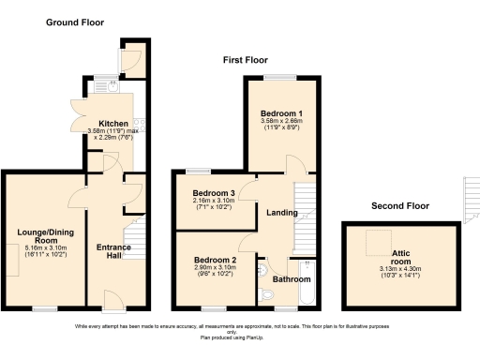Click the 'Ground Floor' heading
tap(76, 22)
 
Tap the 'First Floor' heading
tap(246, 60)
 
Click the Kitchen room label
tap(113, 122)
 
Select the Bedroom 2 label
tap(215, 259)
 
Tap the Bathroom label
tap(291, 278)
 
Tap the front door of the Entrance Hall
tap(113, 302)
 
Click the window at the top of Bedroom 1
tap(279, 76)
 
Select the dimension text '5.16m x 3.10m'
tap(38, 247)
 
